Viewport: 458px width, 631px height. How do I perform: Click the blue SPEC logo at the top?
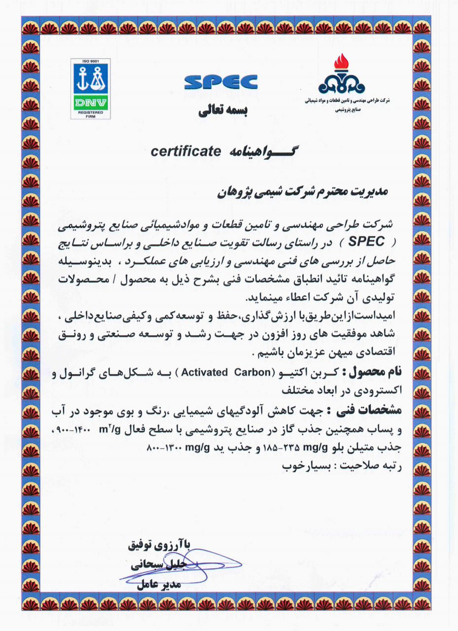[221, 82]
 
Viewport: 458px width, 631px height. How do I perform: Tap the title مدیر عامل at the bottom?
[158, 586]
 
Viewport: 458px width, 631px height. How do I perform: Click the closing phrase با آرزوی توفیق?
[159, 545]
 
